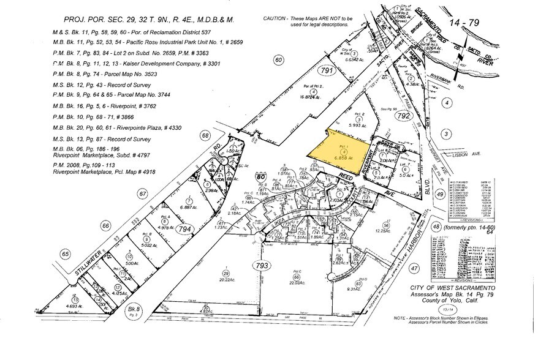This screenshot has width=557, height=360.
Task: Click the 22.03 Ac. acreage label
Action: tap(297, 283)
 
